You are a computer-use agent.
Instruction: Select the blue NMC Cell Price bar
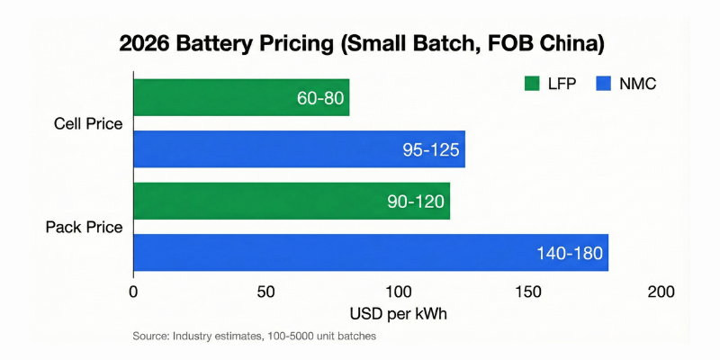pyautogui.click(x=270, y=149)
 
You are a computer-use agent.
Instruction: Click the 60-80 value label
pyautogui.click(x=320, y=97)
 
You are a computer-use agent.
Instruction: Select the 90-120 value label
pyautogui.click(x=415, y=201)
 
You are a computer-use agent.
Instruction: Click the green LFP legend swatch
pyautogui.click(x=531, y=84)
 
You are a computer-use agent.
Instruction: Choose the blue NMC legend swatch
pyautogui.click(x=602, y=84)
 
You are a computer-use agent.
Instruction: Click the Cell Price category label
pyautogui.click(x=89, y=123)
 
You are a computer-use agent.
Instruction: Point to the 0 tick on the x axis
pyautogui.click(x=133, y=292)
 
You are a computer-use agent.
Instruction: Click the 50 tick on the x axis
pyautogui.click(x=265, y=292)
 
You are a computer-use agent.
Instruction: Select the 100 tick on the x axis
pyautogui.click(x=398, y=292)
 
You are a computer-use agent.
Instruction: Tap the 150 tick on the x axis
pyautogui.click(x=529, y=292)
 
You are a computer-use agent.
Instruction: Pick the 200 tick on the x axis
pyautogui.click(x=661, y=292)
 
